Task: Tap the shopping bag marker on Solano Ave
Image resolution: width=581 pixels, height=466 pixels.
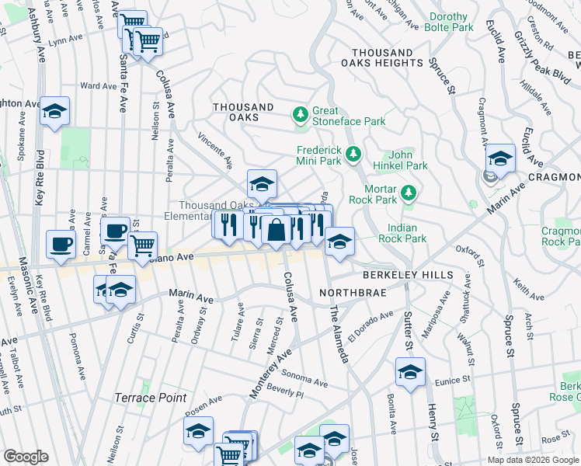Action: coord(276,230)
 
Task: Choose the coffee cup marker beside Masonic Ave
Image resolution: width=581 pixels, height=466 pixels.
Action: coord(61,245)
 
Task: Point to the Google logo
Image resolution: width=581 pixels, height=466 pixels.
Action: coord(26,457)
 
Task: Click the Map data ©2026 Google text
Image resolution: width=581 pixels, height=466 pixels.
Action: coord(532,460)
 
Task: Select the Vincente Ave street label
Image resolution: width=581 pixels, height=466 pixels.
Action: coord(215,150)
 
